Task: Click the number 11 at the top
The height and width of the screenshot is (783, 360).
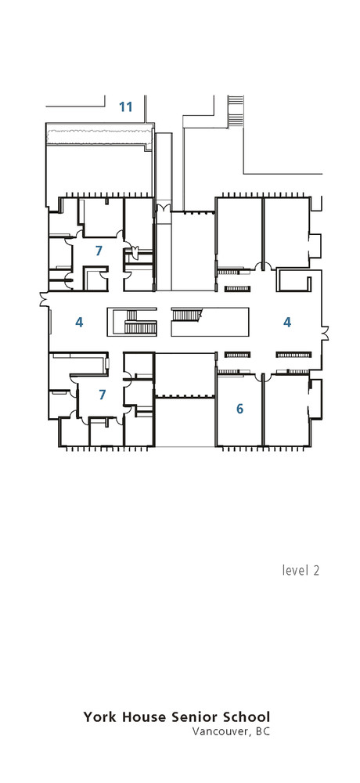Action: tap(125, 106)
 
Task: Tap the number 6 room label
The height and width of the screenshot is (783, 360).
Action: tap(239, 409)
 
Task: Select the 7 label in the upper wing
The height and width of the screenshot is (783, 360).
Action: tap(99, 251)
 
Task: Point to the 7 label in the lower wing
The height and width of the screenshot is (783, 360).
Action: tap(103, 395)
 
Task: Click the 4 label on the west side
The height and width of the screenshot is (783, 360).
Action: tap(79, 323)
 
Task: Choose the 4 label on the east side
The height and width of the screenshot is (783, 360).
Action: tap(286, 323)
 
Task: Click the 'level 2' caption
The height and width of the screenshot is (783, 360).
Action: tap(301, 570)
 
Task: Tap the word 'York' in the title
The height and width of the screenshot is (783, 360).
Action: tap(100, 717)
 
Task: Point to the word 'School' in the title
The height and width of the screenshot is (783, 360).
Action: tap(246, 717)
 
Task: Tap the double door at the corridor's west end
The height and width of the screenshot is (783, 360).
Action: tap(44, 298)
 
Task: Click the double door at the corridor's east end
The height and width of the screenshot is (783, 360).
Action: tap(325, 334)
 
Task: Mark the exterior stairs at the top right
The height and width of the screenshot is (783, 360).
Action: tap(235, 111)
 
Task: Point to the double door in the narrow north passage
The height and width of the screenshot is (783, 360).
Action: tap(164, 207)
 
